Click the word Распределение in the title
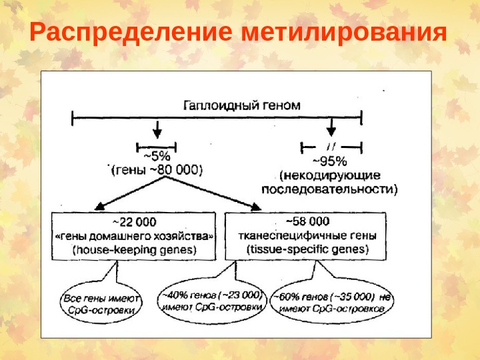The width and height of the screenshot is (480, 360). click(125, 33)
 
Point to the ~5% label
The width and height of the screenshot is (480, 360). click(156, 157)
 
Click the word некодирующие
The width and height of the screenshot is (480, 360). click(330, 175)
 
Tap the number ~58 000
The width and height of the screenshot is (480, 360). click(307, 221)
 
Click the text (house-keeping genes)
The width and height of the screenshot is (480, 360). click(133, 250)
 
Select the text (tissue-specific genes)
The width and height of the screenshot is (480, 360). click(307, 250)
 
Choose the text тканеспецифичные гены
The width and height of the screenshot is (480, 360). click(307, 235)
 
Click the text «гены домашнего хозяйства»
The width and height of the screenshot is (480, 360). click(133, 236)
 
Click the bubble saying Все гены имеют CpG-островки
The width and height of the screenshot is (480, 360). click(102, 304)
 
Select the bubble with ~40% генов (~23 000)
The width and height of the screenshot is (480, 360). click(210, 301)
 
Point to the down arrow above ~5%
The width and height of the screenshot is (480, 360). click(157, 128)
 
